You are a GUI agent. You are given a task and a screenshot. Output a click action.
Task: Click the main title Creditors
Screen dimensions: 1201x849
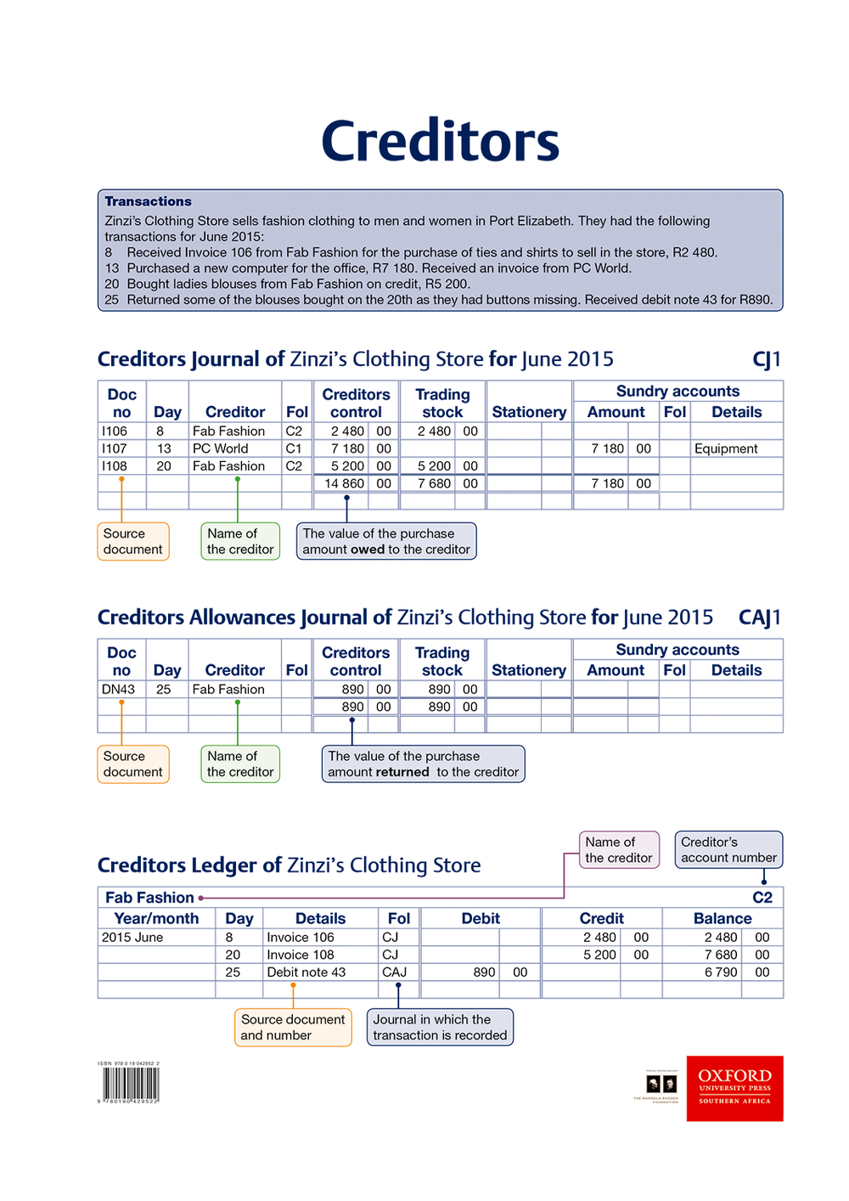(x=440, y=142)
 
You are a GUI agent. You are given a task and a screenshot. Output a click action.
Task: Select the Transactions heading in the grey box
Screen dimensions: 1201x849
(x=148, y=201)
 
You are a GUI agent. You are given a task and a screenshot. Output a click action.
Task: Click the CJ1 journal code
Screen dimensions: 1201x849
(x=766, y=359)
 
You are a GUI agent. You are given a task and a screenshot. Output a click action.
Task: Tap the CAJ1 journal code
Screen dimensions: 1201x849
(x=759, y=617)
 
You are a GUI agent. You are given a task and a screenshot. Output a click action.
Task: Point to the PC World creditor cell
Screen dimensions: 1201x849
(x=220, y=448)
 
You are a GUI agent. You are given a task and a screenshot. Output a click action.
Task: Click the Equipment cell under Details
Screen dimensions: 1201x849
(x=726, y=448)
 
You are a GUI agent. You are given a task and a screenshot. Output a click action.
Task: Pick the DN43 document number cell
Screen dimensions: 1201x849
(x=118, y=690)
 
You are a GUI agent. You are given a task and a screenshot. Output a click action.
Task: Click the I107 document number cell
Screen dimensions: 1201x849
(x=115, y=448)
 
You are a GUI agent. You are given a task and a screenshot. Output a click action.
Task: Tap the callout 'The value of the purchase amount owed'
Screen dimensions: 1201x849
(x=386, y=542)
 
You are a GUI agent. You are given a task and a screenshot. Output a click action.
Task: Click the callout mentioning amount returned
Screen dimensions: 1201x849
(x=423, y=764)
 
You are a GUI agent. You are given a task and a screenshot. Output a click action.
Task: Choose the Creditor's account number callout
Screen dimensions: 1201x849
(x=728, y=850)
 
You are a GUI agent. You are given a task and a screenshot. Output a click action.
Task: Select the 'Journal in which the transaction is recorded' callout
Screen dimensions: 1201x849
(x=440, y=1028)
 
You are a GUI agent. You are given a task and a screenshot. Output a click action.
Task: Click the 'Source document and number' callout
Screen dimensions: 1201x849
(x=293, y=1028)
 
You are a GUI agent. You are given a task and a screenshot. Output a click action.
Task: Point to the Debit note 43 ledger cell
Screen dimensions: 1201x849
(x=306, y=973)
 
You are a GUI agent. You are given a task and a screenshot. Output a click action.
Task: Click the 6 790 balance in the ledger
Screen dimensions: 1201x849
(x=721, y=973)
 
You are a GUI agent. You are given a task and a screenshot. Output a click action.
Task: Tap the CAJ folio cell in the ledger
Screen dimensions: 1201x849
(x=394, y=973)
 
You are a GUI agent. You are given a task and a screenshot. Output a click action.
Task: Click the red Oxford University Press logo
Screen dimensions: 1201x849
(x=734, y=1088)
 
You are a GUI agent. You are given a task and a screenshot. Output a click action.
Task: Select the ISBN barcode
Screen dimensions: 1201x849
(x=131, y=1084)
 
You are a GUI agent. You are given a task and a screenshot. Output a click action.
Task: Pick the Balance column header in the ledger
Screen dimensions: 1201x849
(x=722, y=919)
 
